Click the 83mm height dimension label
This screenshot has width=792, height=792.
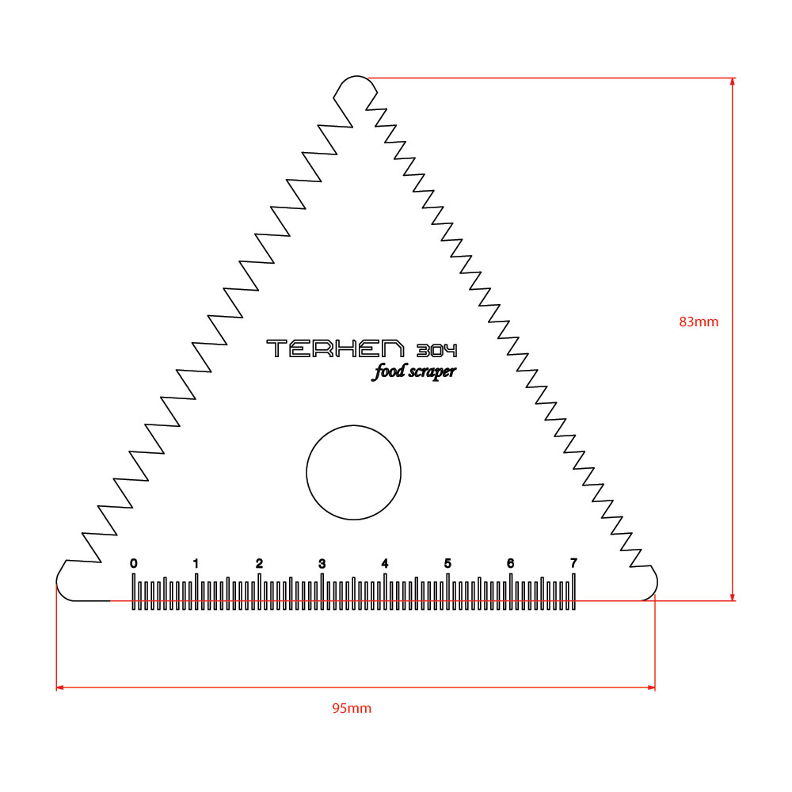click(699, 322)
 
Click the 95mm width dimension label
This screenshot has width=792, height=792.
click(352, 708)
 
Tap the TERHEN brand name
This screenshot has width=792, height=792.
click(335, 348)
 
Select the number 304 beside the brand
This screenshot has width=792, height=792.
click(437, 351)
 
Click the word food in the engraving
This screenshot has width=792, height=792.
click(389, 371)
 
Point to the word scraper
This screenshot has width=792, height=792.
click(432, 372)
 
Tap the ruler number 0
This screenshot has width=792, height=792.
click(133, 563)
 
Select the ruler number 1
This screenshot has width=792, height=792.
click(196, 563)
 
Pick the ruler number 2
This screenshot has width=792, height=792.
click(259, 563)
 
